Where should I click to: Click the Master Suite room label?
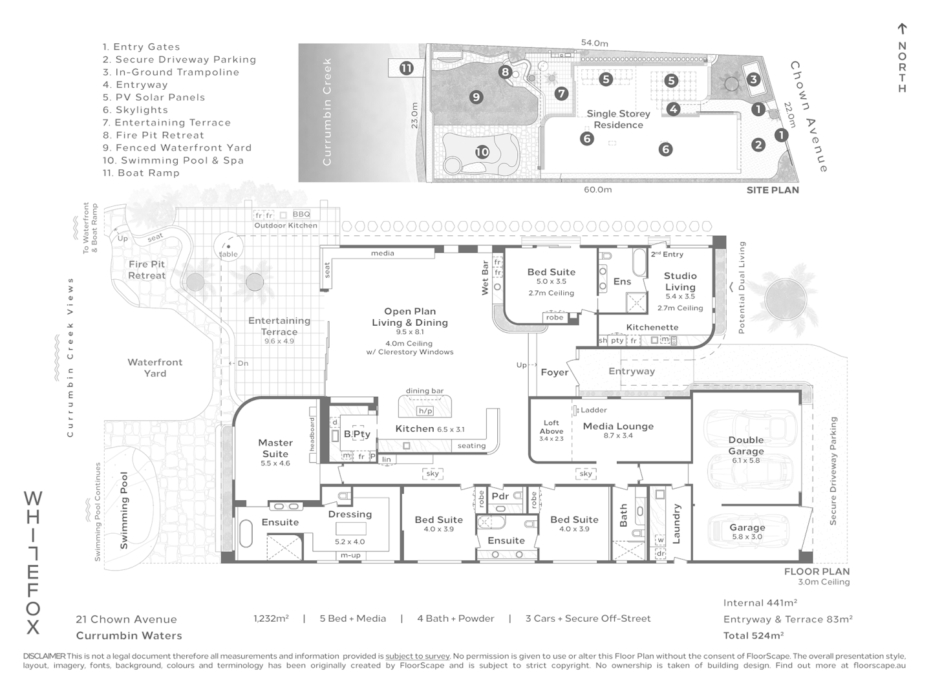coord(275,448)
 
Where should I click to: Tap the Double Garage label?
coord(746,445)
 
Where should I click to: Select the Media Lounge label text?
coord(618,426)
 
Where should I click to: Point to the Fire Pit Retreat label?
coord(147,270)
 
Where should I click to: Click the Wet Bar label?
coord(486,278)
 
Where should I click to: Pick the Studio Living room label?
coord(680,281)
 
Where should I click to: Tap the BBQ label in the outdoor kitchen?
coord(301,214)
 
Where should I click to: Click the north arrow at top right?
coord(902,29)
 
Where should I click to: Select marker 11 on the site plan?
coord(406,68)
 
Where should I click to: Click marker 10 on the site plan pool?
coord(482,153)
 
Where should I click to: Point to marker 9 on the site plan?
coord(476,97)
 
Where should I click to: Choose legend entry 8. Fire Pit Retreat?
coord(153,135)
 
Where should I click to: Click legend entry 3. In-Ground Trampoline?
coord(171,72)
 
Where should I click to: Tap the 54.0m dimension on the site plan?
coord(594,43)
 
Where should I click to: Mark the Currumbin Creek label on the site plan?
coord(326,111)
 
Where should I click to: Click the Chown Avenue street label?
coord(808,117)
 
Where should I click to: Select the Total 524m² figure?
coord(753,635)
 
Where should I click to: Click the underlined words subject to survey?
coord(417,656)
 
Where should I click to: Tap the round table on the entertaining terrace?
coord(228,246)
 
